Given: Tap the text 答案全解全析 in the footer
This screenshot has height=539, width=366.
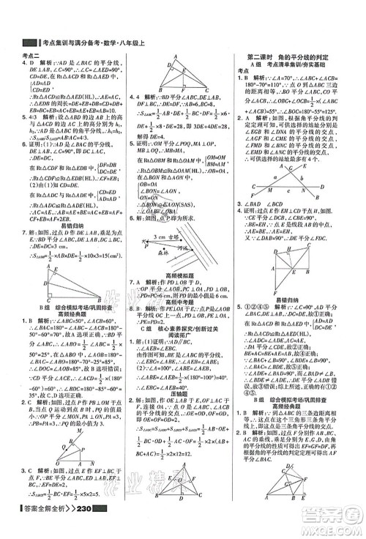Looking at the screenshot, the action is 48,529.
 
